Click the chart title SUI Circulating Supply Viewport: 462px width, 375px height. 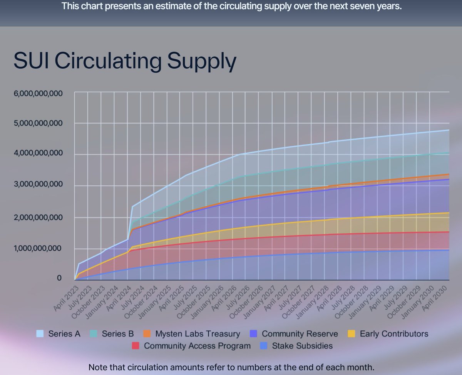point(124,62)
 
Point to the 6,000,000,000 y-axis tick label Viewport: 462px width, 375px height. point(38,93)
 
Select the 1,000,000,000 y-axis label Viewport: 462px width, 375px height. point(38,248)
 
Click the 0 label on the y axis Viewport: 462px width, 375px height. point(59,278)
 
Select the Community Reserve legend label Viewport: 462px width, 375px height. point(300,334)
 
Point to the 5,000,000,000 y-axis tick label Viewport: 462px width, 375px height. point(38,123)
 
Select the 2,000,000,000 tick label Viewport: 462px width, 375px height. point(38,217)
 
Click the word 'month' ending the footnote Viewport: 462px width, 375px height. point(361,367)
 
